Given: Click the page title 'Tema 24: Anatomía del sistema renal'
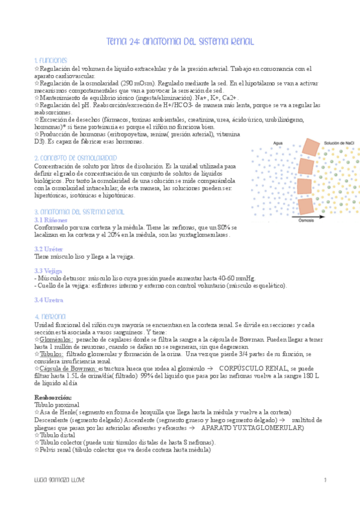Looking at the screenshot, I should tap(180, 41).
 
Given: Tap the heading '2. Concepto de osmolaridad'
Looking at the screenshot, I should tap(75, 158).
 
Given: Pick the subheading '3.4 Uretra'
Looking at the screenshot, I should tap(48, 300).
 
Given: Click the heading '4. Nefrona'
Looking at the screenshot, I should tap(50, 316).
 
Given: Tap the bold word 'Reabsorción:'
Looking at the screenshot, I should tap(53, 397).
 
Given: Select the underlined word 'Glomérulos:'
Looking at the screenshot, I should tap(58, 339).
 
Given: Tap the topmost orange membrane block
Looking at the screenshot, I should tap(312, 146).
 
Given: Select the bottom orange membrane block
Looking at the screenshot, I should tap(305, 204).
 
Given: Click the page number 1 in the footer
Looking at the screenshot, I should tap(325, 479).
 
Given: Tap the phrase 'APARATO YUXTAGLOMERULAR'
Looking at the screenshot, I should tap(252, 427).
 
